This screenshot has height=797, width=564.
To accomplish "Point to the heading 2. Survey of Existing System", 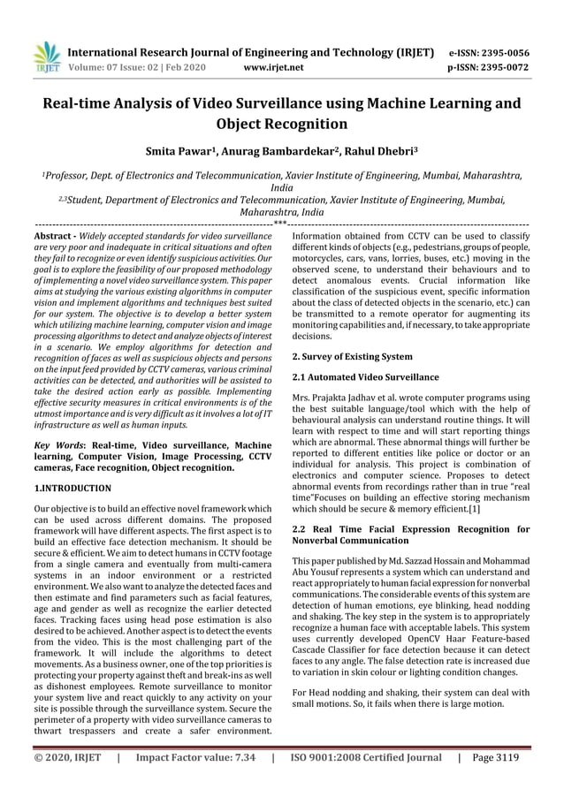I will click(x=351, y=356).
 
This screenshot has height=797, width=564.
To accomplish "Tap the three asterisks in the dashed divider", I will click(x=281, y=224).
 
